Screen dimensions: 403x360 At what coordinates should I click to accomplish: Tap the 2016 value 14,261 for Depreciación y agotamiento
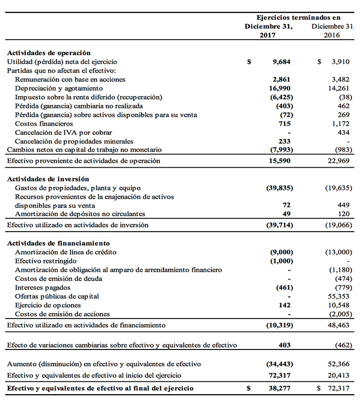(x=341, y=88)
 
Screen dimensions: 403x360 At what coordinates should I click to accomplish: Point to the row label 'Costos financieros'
(x=44, y=124)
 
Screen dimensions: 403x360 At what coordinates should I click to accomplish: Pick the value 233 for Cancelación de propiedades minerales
(x=284, y=141)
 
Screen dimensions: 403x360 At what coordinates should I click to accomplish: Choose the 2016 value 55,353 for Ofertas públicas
(x=341, y=296)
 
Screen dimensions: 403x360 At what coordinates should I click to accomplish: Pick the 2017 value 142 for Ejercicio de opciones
(x=284, y=305)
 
